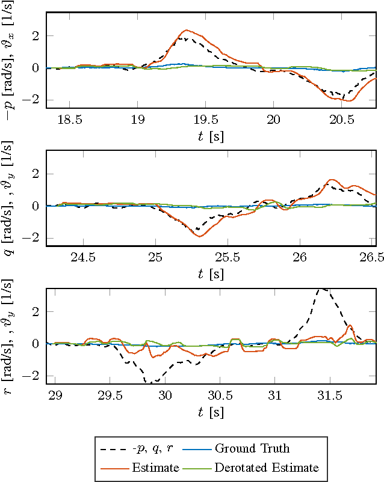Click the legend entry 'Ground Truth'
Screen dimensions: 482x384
tap(252, 448)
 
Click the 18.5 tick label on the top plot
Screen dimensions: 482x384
tap(70, 120)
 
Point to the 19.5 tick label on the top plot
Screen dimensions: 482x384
tap(206, 120)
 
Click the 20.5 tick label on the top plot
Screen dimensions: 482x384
tap(342, 120)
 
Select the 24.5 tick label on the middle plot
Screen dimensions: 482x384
tap(83, 258)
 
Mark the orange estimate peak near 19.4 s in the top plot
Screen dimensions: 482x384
tap(187, 30)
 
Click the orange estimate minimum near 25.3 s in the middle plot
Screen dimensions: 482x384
tap(199, 236)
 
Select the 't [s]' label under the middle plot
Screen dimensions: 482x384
tap(211, 275)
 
